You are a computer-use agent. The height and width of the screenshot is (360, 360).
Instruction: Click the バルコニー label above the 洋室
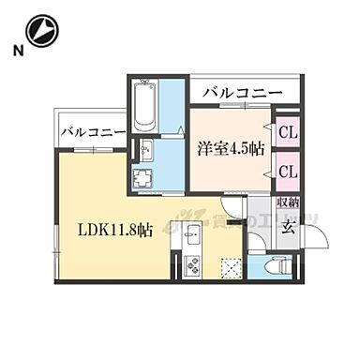[242, 93]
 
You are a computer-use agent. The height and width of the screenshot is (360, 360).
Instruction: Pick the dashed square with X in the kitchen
[229, 266]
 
